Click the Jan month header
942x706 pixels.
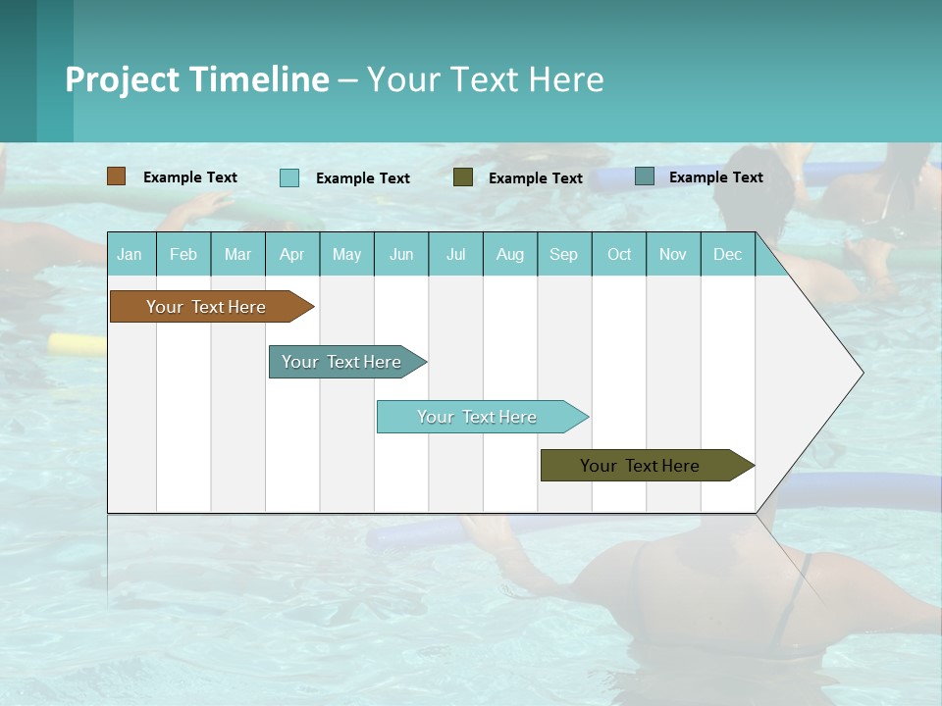[131, 254]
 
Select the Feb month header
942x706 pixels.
[183, 254]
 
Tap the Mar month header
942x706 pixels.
[237, 254]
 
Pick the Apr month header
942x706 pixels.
[292, 254]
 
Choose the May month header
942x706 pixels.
[346, 254]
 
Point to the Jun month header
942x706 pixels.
[401, 254]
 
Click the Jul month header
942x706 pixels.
[455, 254]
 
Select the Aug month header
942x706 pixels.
[510, 254]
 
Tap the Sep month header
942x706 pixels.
[564, 254]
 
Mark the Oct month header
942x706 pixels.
[619, 254]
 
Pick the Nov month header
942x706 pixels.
[673, 254]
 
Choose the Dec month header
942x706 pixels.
[728, 254]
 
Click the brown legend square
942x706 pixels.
[117, 176]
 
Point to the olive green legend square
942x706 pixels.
[463, 177]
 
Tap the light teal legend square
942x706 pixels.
[289, 177]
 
